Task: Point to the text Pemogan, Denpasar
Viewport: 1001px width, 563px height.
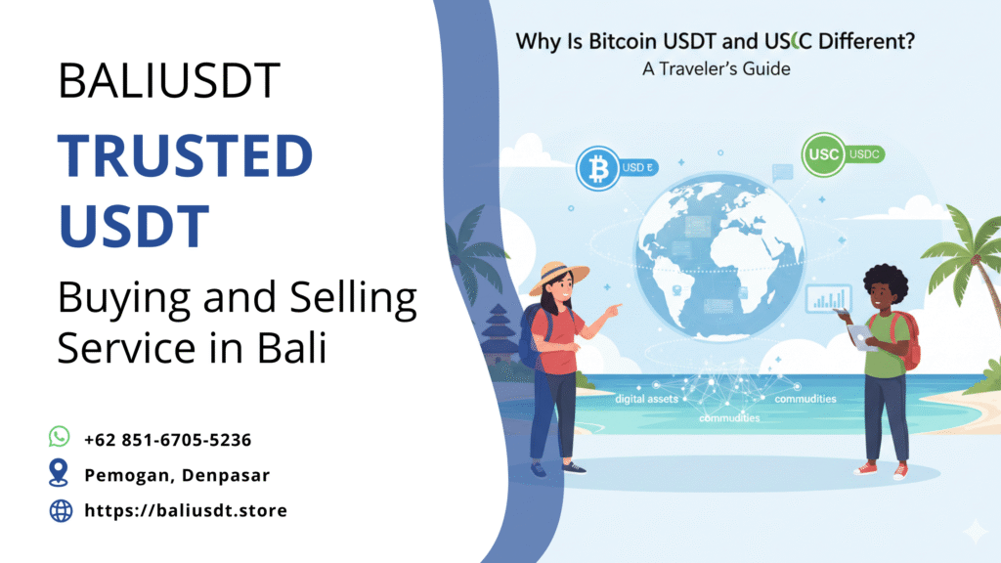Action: pyautogui.click(x=177, y=475)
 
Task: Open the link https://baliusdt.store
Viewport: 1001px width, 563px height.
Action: pyautogui.click(x=186, y=510)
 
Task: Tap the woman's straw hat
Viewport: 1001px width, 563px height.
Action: pyautogui.click(x=559, y=275)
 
